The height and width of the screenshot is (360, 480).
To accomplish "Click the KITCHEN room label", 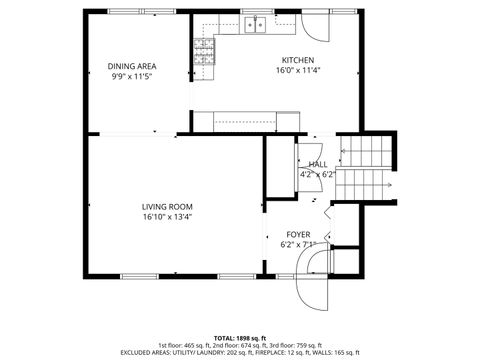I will [x=297, y=59].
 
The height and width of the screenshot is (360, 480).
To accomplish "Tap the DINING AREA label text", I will [x=132, y=66].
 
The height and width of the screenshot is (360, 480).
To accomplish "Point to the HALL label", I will [x=317, y=164].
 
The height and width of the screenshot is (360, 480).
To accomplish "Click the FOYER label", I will [x=298, y=234].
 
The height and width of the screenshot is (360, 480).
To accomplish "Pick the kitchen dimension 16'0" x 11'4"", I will [x=297, y=71].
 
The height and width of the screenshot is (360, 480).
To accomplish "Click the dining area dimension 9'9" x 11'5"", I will [x=132, y=77].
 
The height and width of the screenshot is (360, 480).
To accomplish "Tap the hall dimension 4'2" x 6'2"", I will [x=317, y=174].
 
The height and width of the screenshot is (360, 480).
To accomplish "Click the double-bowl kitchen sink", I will [x=254, y=24].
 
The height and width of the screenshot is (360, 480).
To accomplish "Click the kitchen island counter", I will [x=245, y=121].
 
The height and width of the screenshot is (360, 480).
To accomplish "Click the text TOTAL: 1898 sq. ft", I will [x=240, y=338].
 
